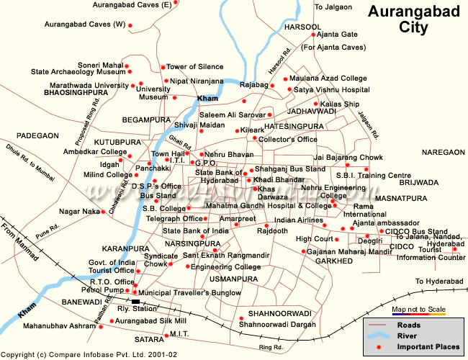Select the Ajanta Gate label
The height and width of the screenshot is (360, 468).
point(339,35)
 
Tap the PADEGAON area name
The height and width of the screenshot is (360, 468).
point(37,135)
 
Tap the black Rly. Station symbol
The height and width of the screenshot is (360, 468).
point(135,302)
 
